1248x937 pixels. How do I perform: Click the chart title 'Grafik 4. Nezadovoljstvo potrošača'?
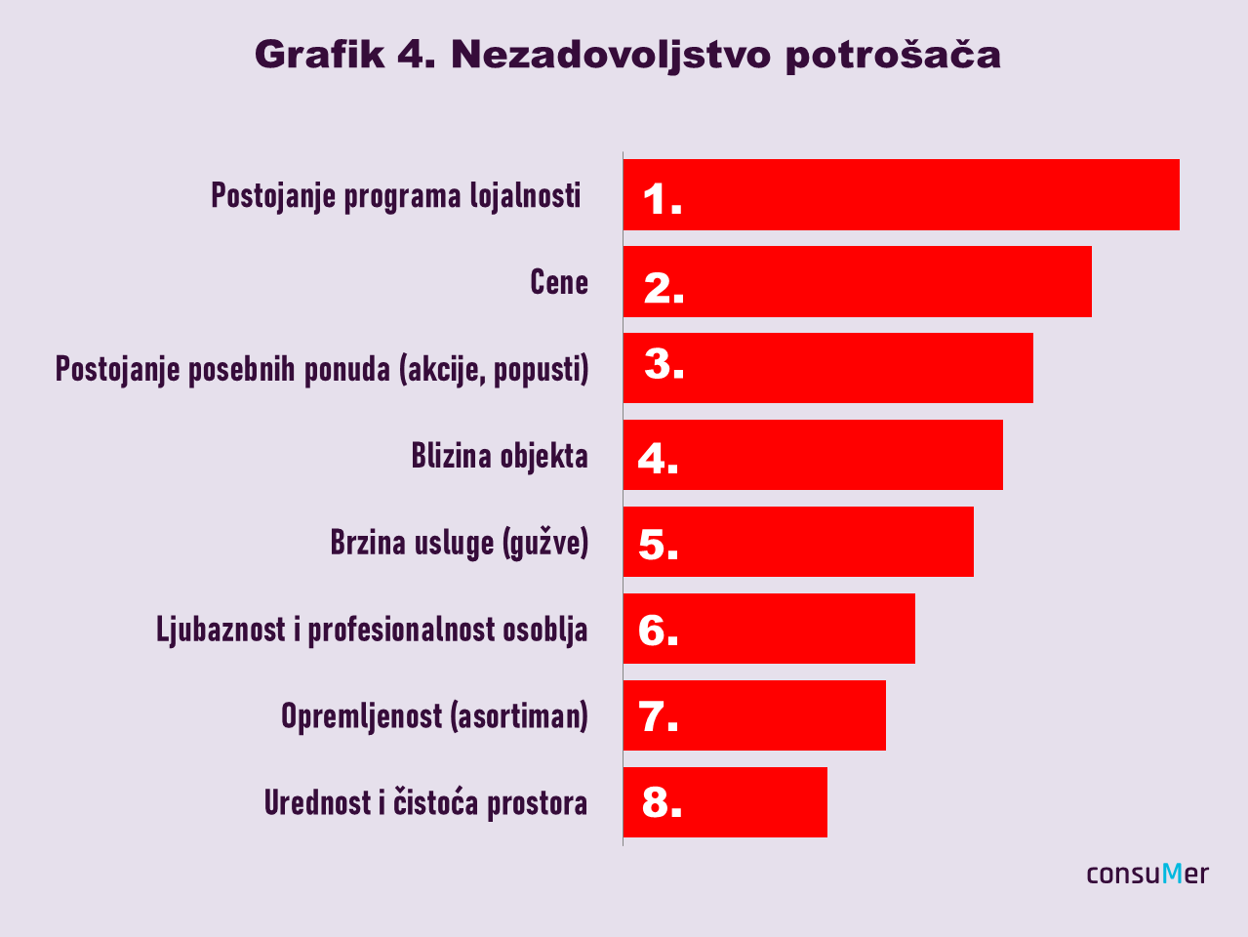click(627, 55)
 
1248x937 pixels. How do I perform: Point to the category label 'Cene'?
click(559, 282)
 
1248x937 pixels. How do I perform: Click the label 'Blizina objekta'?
click(500, 456)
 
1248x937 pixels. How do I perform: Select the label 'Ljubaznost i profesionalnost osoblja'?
click(372, 630)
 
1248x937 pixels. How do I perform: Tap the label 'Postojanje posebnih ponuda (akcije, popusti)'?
click(322, 370)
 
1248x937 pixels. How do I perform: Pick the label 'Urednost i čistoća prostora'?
click(425, 803)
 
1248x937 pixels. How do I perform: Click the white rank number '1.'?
click(662, 200)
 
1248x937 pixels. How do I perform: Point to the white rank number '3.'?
click(664, 364)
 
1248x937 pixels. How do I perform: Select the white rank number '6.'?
click(658, 631)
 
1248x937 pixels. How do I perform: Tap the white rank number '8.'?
click(662, 803)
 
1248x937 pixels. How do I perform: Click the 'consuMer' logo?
click(1147, 874)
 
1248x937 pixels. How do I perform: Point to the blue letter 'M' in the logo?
click(1172, 873)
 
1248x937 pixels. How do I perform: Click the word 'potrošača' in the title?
click(892, 56)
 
